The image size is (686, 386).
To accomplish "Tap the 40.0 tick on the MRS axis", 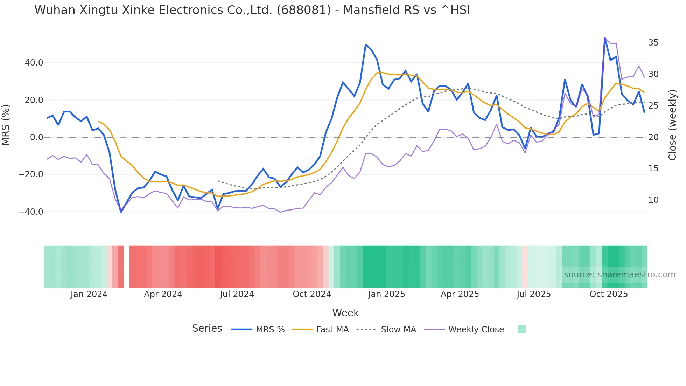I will point(34,63).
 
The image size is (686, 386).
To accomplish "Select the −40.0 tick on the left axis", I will point(31,212).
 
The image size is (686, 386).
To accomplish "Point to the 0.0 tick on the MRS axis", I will point(36,137).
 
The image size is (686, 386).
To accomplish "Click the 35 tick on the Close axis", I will point(653,43).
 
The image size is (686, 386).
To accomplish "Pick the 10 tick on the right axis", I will point(653,200).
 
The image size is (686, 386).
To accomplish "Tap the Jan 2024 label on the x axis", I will point(89,294).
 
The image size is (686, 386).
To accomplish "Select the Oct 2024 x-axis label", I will point(312,294).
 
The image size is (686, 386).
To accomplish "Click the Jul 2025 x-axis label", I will point(534,294).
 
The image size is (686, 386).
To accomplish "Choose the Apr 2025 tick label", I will point(460,294).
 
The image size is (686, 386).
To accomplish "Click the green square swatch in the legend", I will point(521,329).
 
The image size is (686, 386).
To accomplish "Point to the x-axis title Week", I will point(345,313).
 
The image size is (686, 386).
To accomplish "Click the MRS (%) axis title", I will point(6,125).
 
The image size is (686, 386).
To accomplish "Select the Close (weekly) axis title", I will point(672,125).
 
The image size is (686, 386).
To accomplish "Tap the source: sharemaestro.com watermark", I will point(619,275).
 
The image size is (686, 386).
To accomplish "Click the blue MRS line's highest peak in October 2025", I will point(605,38).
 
